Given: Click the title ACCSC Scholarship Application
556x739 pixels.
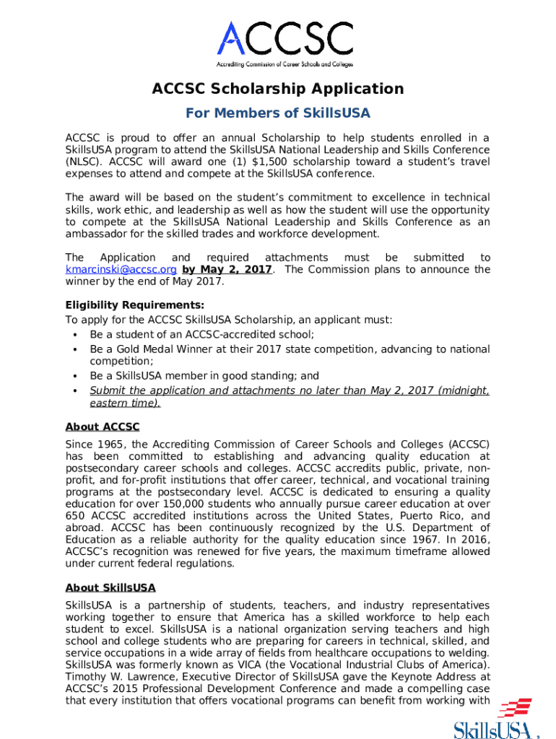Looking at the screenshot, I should coord(277,89).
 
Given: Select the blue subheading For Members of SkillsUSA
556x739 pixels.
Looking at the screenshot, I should coord(277,113).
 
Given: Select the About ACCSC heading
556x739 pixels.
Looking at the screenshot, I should coord(103,427).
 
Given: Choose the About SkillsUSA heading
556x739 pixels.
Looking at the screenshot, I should coord(110,587).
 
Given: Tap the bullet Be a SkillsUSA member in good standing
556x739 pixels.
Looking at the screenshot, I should coord(204,376).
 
